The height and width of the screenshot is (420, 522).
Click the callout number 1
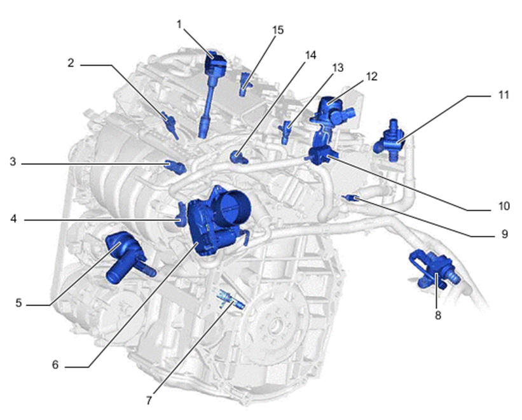click(x=179, y=24)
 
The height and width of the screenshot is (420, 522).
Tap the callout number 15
click(x=278, y=30)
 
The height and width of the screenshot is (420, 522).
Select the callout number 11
click(x=504, y=95)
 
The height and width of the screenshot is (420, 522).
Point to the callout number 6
click(x=55, y=365)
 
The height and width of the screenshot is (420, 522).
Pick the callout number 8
click(x=438, y=315)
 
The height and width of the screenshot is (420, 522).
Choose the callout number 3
click(x=13, y=162)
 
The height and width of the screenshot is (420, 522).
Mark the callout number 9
click(x=505, y=234)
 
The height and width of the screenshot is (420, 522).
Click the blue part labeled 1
click(x=212, y=94)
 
